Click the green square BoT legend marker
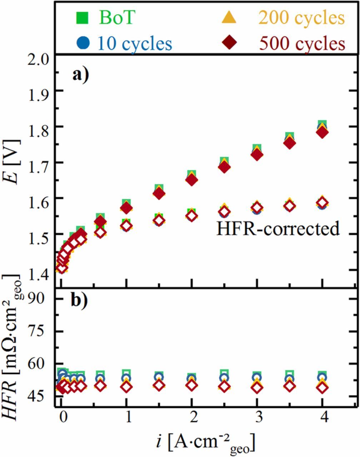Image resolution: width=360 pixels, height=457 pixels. [82, 18]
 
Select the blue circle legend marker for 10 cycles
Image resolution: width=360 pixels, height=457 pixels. [82, 43]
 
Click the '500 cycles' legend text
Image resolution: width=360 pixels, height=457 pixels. [302, 44]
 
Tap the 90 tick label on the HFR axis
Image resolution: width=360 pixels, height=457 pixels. [40, 298]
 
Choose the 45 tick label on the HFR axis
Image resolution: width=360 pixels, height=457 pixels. [40, 396]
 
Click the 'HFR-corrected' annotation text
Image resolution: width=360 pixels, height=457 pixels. [277, 228]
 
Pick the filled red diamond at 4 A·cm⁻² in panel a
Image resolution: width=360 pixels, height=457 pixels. [322, 132]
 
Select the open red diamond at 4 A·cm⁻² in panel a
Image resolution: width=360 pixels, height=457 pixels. [322, 203]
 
